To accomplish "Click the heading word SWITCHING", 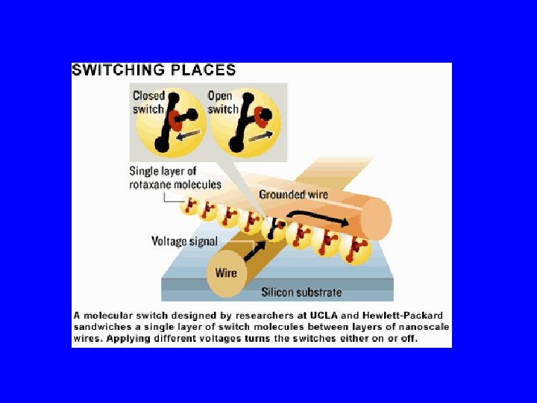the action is tap(120, 71).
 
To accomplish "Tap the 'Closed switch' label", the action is tap(148, 102).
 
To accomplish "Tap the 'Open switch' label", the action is tap(221, 102).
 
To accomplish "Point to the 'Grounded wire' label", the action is tap(293, 195).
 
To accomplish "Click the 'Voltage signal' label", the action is tap(184, 241).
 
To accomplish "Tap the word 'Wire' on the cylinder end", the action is tap(226, 272).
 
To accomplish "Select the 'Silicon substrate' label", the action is tap(301, 292).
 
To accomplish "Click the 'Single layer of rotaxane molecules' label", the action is tap(175, 178).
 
